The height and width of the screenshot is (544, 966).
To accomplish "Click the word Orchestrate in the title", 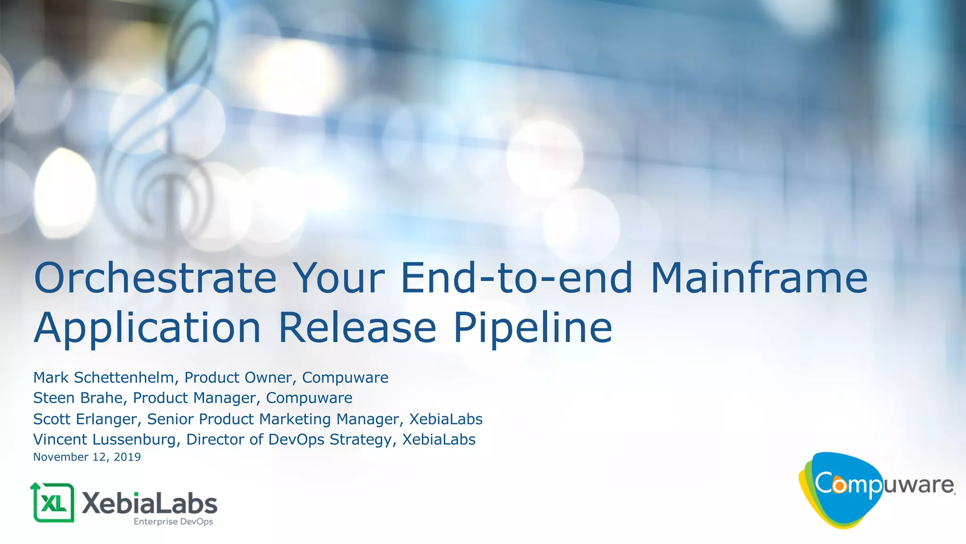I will tap(155, 278).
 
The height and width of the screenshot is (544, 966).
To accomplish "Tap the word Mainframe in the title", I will tap(759, 278).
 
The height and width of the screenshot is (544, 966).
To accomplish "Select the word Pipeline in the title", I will tap(533, 328).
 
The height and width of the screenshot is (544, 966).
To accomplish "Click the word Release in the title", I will tap(357, 328).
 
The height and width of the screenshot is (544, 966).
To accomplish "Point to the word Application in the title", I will tap(147, 328).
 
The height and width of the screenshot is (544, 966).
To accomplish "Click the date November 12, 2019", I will tap(87, 457).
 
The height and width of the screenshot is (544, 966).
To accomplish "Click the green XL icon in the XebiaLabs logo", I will tap(53, 502).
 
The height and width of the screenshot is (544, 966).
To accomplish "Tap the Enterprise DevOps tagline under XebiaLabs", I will tap(173, 522).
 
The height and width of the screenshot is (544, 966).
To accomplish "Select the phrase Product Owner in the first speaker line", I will tap(238, 378).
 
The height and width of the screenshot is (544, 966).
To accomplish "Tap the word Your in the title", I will tap(338, 278).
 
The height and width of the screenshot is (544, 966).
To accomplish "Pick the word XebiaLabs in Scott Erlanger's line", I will tap(446, 419).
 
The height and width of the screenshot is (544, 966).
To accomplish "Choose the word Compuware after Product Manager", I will tap(309, 398).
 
